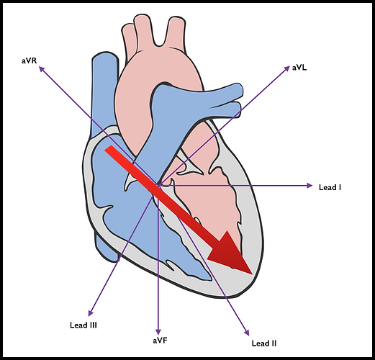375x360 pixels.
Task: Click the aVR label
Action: (30, 60)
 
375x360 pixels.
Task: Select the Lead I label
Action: (329, 186)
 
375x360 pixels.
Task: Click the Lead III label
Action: (84, 325)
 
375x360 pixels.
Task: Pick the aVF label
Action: (159, 339)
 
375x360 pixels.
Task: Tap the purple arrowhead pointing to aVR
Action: (42, 69)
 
